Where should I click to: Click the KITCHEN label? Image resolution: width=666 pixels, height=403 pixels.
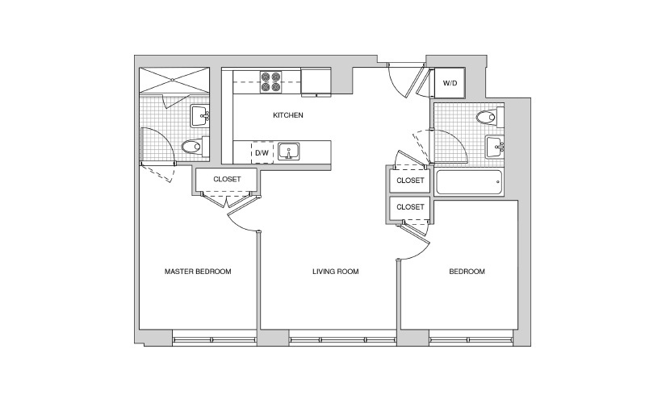pos(288,115)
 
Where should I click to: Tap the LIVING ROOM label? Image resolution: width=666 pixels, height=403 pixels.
pos(336,272)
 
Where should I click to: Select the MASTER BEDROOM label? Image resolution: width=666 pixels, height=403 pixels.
pos(198,272)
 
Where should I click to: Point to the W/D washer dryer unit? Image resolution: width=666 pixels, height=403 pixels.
pos(450,83)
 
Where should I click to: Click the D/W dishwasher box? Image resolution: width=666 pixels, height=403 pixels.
pos(262,152)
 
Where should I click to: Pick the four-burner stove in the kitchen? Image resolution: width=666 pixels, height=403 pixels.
pos(271,82)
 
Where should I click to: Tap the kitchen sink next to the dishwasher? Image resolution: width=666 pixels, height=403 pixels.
pos(289,152)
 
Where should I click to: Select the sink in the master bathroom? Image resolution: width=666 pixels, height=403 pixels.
pos(200,115)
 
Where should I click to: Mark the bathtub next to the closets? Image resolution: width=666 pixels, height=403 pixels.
pos(469,182)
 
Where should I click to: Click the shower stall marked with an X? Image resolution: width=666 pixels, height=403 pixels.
pos(174,80)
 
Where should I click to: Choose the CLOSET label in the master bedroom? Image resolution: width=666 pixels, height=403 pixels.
pos(227,180)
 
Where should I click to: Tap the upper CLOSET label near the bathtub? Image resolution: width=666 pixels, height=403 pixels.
pos(410,181)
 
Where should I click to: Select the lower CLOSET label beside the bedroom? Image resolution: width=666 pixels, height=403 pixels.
pos(410,207)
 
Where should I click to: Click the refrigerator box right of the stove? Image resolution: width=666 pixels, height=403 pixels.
pos(316,82)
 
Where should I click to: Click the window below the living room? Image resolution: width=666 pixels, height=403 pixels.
pos(343,340)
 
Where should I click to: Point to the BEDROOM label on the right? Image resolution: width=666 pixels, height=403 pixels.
pos(467,272)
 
